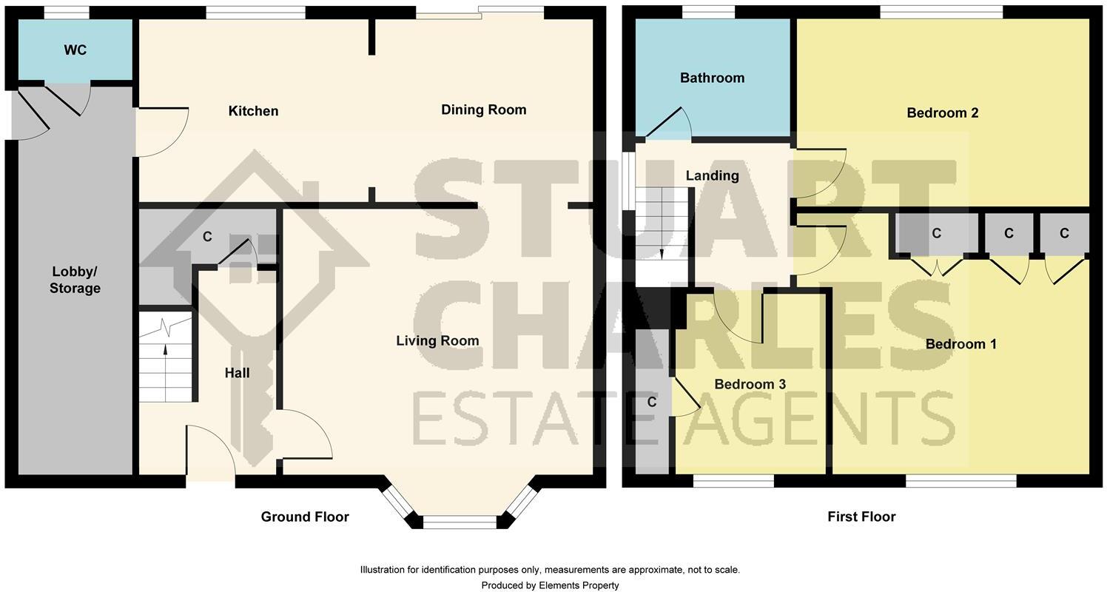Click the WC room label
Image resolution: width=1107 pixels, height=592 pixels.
point(75,50)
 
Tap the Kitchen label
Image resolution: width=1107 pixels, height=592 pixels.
point(253,111)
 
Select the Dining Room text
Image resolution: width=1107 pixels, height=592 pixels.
point(483,110)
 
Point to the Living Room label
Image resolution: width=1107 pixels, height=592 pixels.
point(437,340)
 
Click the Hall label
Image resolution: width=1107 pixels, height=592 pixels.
point(237,373)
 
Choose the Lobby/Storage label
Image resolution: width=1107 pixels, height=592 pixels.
point(75,280)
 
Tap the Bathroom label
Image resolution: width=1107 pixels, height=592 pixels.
point(712,78)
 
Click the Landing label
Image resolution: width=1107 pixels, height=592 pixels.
point(712,175)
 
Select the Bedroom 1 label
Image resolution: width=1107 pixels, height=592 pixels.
point(960,344)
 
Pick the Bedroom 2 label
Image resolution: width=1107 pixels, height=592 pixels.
point(942,112)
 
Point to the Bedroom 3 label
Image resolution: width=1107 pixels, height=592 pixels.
point(750,384)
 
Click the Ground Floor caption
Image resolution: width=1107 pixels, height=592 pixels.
point(305,517)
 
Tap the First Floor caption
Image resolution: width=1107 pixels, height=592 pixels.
point(861,517)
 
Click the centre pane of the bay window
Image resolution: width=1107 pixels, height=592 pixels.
point(460,522)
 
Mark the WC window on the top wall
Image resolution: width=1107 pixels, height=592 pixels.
point(67,12)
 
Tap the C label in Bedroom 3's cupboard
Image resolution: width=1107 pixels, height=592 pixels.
point(652,402)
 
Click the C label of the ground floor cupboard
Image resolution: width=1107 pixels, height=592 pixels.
point(207,237)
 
